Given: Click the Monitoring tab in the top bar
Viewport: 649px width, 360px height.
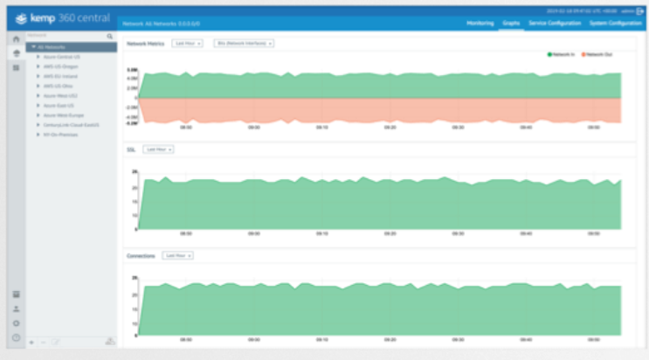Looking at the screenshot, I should click(480, 23).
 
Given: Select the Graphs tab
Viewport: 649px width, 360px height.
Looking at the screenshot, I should click(511, 23).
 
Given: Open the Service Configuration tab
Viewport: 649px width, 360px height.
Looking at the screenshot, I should click(555, 23).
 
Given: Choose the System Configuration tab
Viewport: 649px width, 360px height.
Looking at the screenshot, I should click(614, 23).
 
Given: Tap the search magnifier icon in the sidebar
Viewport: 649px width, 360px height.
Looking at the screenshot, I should click(109, 37).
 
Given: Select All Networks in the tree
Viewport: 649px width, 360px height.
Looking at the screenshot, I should click(52, 47).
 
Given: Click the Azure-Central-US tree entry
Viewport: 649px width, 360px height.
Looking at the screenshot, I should click(61, 57).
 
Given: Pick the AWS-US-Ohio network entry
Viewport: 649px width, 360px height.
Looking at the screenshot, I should click(58, 86).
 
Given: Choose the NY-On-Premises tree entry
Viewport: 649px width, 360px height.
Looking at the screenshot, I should click(61, 135).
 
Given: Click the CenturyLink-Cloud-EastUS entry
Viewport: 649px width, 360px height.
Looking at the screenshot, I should click(70, 125).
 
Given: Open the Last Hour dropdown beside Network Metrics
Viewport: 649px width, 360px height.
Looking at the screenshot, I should click(188, 43).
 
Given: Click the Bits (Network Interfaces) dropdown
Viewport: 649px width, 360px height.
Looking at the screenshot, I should click(244, 43).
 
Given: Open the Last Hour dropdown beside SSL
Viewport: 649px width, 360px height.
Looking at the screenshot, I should click(158, 149).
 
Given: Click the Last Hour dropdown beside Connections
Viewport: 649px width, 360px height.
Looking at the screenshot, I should click(177, 256).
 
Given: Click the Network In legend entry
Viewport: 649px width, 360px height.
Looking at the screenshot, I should click(561, 54).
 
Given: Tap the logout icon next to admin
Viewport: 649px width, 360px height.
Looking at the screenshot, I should click(640, 11).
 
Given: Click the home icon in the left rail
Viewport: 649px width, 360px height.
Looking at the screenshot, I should click(16, 39).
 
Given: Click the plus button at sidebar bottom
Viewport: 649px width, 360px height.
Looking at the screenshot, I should click(31, 342).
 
